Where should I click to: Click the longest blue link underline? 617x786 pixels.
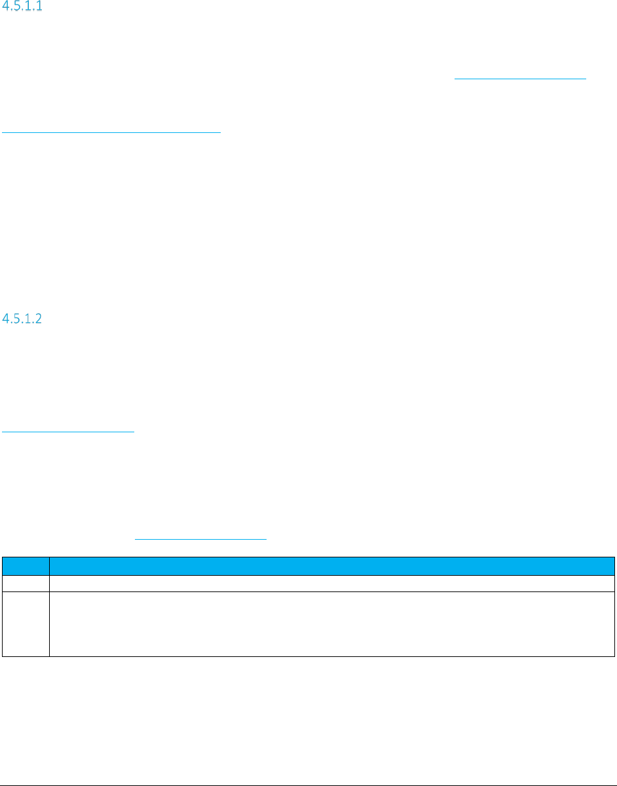(x=111, y=132)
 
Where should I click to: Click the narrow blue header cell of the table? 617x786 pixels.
(x=26, y=565)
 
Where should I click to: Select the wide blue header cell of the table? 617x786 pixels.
(x=331, y=565)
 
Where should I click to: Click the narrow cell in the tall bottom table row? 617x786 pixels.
(x=26, y=624)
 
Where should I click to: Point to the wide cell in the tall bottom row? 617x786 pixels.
(x=331, y=624)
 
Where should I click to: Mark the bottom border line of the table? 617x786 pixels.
(x=308, y=656)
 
